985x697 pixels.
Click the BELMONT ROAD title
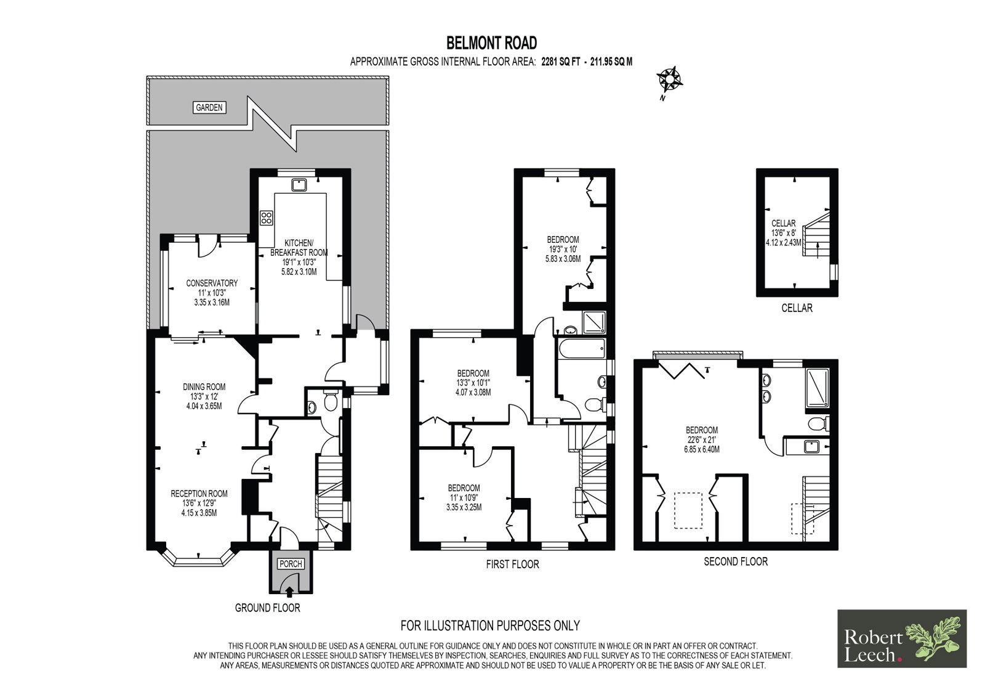point(492,43)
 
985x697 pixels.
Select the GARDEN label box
point(209,107)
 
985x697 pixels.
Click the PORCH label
point(291,564)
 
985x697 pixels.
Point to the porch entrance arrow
point(290,592)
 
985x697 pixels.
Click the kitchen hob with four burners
point(266,218)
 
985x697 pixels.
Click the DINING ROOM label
point(204,387)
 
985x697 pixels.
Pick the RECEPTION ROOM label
point(199,494)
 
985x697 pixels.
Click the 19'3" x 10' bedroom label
point(563,249)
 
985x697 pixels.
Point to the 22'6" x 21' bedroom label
point(702,439)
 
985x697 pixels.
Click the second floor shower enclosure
point(818,388)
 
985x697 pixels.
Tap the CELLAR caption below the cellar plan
point(797,308)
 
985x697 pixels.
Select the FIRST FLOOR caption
point(512,565)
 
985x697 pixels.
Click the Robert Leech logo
point(902,638)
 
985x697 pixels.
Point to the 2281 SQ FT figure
point(561,62)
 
